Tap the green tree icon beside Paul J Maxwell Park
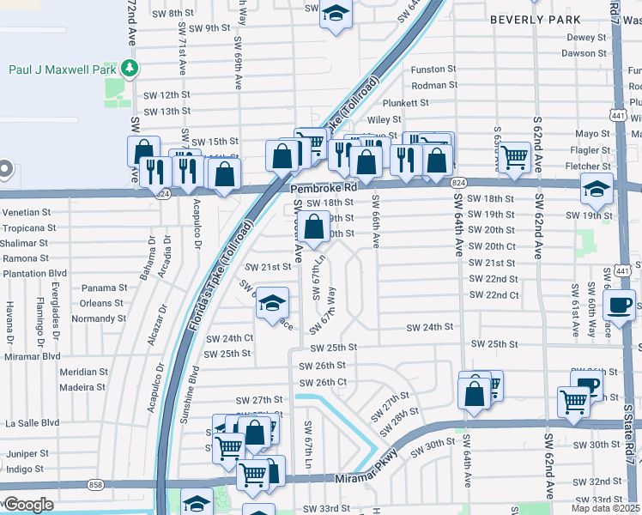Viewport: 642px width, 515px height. pos(128,67)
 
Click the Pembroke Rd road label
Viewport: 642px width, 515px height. pos(323,187)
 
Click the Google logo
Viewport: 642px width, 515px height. pos(27,505)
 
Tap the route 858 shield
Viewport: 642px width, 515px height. pos(95,486)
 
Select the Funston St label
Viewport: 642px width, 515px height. pos(433,69)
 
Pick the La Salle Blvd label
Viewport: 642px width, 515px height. pos(32,422)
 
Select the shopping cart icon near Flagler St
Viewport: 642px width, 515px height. pos(514,157)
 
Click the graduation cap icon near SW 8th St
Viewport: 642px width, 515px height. pos(336,14)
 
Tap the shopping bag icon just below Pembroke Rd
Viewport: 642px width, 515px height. pos(315,227)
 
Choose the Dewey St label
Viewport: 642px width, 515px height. pos(586,38)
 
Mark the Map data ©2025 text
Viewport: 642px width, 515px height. pos(606,507)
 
